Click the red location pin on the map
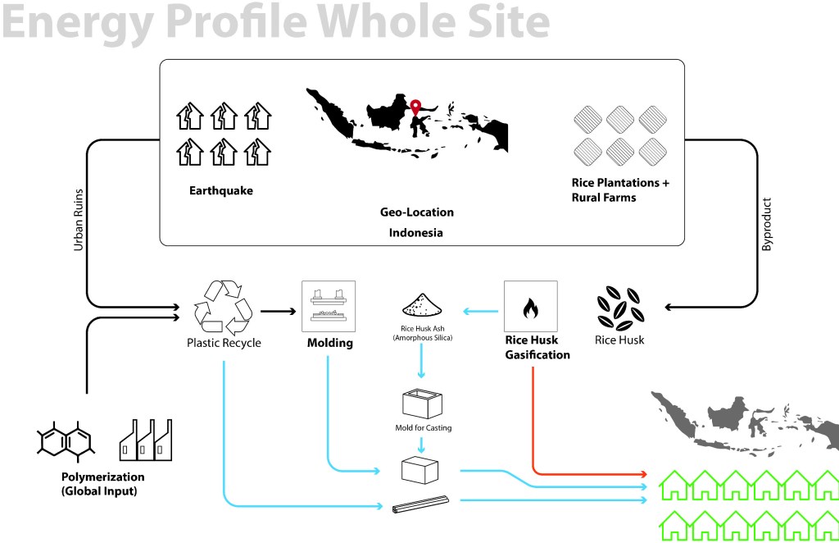pos(416,108)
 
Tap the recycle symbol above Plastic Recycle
pos(223,306)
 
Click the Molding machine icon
pos(328,306)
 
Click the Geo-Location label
pos(416,212)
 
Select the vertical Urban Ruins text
pos(79,221)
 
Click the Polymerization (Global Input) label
pos(102,484)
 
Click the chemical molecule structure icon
pos(66,443)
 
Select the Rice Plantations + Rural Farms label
pos(620,189)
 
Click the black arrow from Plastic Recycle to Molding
pos(278,312)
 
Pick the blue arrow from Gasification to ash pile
pos(482,312)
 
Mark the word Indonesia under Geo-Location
pos(416,233)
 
